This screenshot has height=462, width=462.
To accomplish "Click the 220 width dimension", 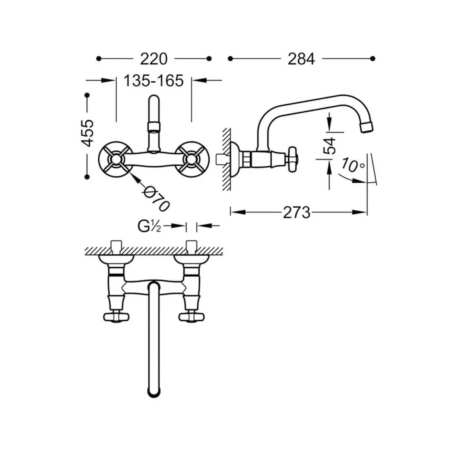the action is pyautogui.click(x=153, y=59).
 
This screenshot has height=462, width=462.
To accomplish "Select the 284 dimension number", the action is pyautogui.click(x=301, y=59).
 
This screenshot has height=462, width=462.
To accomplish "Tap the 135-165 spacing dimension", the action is pyautogui.click(x=153, y=81).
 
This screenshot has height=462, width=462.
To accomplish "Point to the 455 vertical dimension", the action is pyautogui.click(x=87, y=133).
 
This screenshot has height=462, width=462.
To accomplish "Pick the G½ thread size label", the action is pyautogui.click(x=149, y=226).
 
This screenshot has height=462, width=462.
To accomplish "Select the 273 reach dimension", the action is pyautogui.click(x=297, y=213).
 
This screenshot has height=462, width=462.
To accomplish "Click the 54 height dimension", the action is pyautogui.click(x=330, y=146).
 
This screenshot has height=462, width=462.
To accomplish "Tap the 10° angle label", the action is pyautogui.click(x=353, y=165).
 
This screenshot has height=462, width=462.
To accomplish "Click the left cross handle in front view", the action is pyautogui.click(x=115, y=160).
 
